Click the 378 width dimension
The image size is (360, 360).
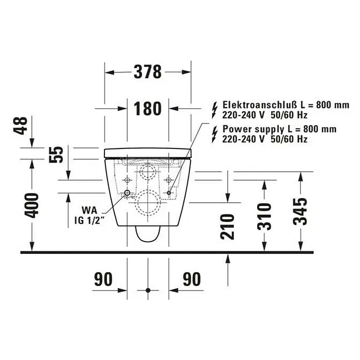147,72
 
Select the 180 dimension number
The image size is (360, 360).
147,109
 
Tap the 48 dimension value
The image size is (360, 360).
21,126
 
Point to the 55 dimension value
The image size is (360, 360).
56,155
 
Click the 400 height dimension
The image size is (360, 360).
32,206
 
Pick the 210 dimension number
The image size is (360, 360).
227,227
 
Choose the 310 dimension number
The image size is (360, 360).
264,217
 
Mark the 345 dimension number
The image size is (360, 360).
300,212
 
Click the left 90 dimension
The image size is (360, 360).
103,279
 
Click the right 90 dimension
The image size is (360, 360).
192,279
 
